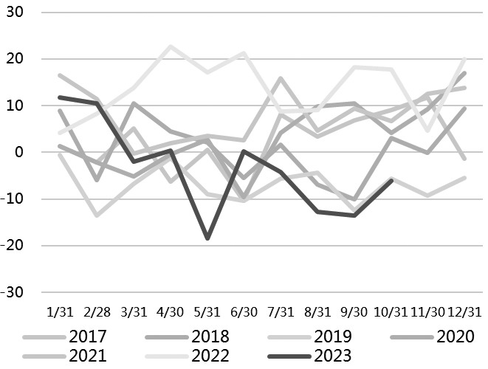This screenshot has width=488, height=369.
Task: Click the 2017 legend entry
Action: coord(88,337)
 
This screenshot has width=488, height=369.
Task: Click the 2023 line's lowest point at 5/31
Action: coord(207,238)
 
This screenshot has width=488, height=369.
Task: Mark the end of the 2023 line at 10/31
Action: coord(391,180)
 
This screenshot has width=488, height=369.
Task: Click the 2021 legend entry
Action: coord(88,356)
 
